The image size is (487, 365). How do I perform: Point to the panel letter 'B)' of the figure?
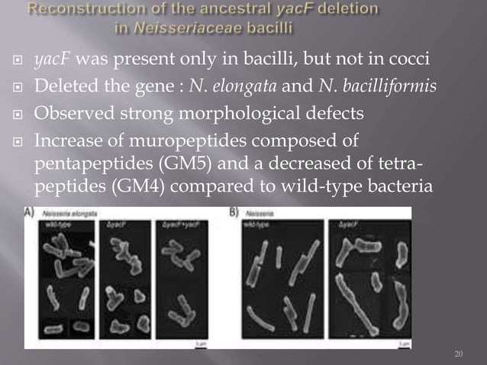tap(234, 214)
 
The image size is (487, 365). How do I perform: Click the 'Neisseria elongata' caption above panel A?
tap(63, 215)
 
